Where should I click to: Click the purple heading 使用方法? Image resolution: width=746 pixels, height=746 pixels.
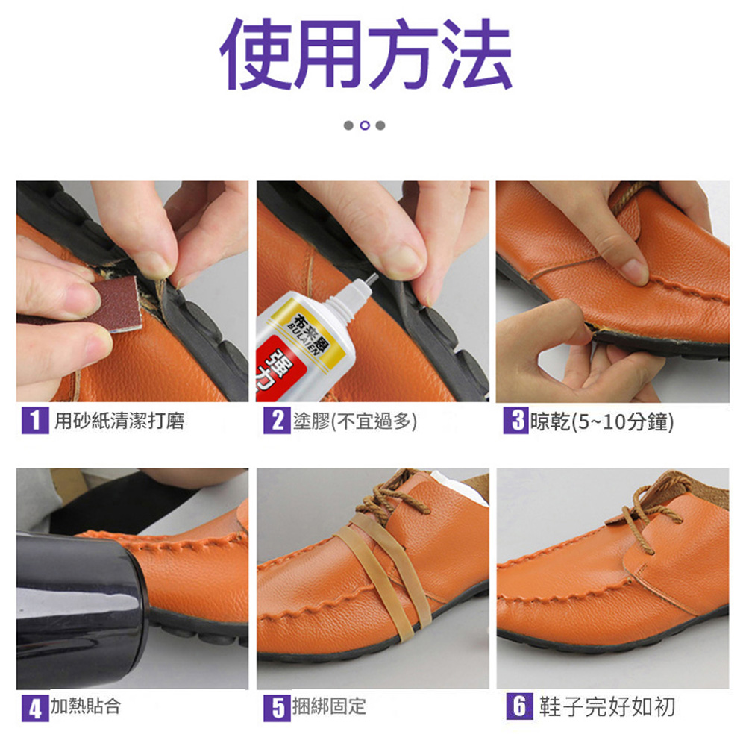[x=366, y=53]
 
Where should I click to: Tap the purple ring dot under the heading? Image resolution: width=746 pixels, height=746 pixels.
[x=365, y=125]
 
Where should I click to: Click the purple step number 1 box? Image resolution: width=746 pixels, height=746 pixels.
[x=35, y=420]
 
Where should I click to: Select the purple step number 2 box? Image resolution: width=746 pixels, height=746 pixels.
[x=277, y=420]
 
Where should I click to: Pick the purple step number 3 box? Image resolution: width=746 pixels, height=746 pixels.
[x=516, y=421]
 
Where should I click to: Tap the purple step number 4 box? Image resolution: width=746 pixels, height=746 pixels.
[x=35, y=707]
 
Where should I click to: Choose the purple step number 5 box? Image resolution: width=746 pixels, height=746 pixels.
[x=277, y=707]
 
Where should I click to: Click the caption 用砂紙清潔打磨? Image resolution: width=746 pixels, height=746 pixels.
[x=119, y=421]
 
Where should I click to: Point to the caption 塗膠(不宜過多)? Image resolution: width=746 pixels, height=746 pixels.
[x=355, y=421]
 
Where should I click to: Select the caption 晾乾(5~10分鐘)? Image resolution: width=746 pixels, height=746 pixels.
[x=602, y=421]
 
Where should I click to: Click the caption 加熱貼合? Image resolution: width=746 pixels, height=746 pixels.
[x=86, y=706]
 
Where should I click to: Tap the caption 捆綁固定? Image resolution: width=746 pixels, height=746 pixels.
[x=329, y=706]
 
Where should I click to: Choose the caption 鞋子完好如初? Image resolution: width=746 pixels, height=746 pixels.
[x=607, y=706]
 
